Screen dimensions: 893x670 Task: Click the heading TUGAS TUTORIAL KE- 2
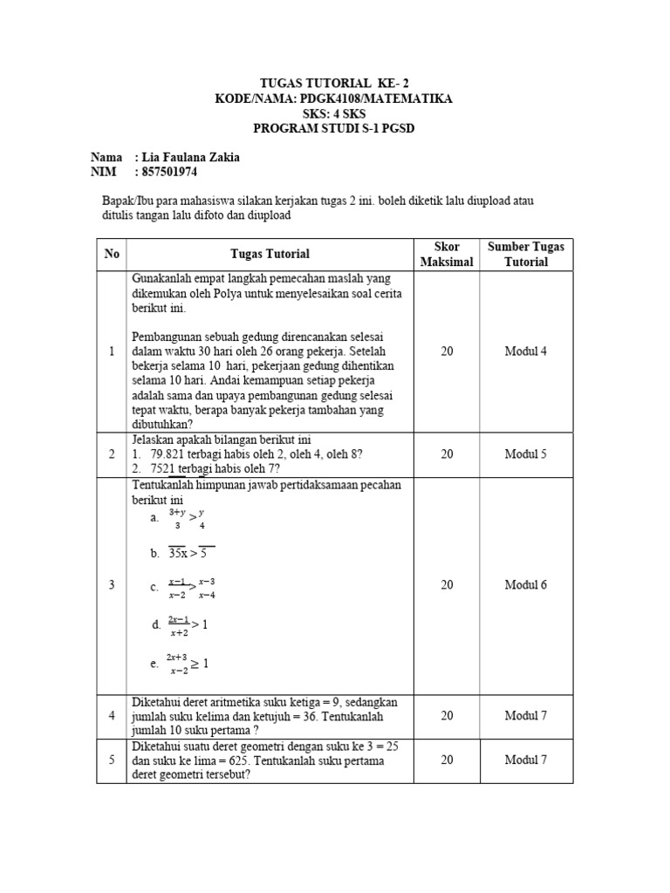[335, 84]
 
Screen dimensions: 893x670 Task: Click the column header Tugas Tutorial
[270, 254]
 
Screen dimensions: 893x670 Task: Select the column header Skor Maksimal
[447, 254]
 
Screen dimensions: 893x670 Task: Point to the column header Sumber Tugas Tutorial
[525, 254]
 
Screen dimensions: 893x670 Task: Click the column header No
[112, 254]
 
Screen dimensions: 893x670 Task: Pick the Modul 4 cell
[525, 351]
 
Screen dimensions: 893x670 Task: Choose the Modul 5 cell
[525, 454]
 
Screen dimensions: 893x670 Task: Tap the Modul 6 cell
[525, 585]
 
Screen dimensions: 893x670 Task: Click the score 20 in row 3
[447, 585]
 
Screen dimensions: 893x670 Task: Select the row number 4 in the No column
[112, 716]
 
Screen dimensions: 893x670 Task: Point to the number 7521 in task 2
[165, 468]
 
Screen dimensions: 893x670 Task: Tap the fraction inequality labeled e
[187, 664]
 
